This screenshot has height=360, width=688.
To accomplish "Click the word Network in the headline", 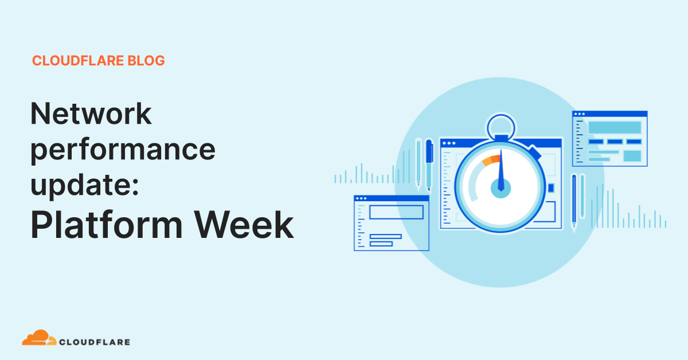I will [x=91, y=114].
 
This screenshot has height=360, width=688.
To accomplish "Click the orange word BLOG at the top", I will [x=147, y=61].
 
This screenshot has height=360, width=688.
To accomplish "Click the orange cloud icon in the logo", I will [x=39, y=338].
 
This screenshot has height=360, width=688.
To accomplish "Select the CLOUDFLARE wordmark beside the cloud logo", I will [x=95, y=342].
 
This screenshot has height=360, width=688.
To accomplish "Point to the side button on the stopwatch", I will [x=535, y=153].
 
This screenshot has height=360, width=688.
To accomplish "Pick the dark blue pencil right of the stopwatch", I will [x=574, y=201].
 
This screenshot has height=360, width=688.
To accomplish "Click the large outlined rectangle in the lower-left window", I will [x=396, y=212].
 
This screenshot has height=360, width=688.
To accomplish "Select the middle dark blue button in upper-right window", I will [x=615, y=142].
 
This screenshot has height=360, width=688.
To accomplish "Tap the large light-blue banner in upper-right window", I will [x=615, y=127].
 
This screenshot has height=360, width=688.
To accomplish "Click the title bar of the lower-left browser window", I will [x=392, y=198].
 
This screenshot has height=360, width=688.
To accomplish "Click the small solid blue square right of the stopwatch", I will [x=551, y=187].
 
